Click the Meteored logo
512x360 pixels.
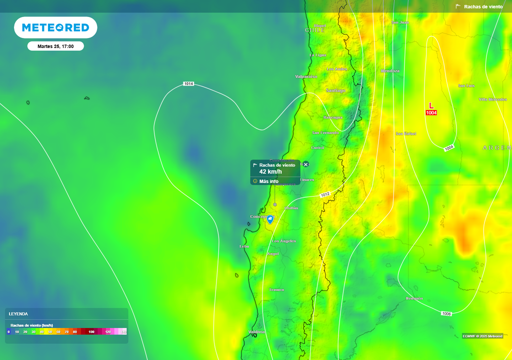click(x=55, y=27)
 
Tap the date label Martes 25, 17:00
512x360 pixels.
click(x=55, y=46)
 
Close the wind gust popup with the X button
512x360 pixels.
click(x=306, y=164)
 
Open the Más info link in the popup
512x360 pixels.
click(x=268, y=181)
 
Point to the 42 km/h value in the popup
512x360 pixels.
click(x=270, y=172)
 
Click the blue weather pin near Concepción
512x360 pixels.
click(x=270, y=219)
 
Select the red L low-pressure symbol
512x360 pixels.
click(x=431, y=106)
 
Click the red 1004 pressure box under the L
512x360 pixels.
click(x=431, y=113)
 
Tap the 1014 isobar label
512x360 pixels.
click(x=188, y=83)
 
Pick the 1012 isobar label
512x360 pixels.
click(x=325, y=194)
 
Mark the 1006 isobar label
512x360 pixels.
click(x=446, y=313)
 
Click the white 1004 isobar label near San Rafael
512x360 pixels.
click(x=449, y=147)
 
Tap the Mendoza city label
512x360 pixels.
click(x=390, y=71)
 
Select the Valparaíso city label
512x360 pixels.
click(x=306, y=76)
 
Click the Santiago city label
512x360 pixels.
click(x=335, y=90)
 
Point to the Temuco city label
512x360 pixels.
click(x=276, y=289)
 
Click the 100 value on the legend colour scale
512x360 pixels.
click(x=91, y=331)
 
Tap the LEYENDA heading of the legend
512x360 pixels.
click(x=18, y=314)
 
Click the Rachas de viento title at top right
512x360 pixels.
click(x=483, y=7)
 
